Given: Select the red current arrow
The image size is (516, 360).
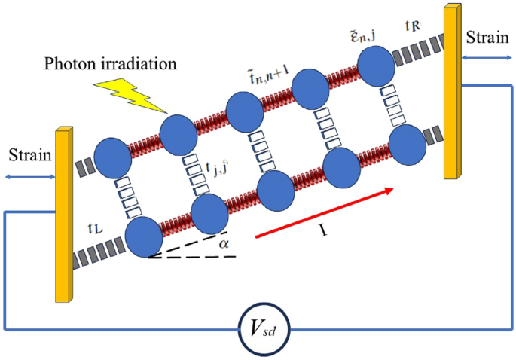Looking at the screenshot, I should pyautogui.click(x=324, y=215).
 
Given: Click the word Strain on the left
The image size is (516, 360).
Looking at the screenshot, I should pyautogui.click(x=28, y=156).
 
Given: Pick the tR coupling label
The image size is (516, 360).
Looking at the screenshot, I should pyautogui.click(x=413, y=26).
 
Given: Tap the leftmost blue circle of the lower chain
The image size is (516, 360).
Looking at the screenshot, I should pyautogui.click(x=145, y=238).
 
